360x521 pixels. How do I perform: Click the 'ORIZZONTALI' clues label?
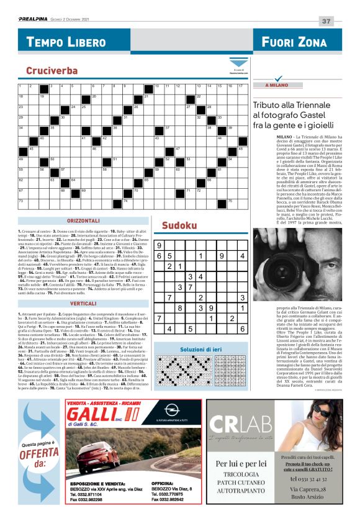[x=83, y=221]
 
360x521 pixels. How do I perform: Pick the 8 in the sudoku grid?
[x=180, y=307]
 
